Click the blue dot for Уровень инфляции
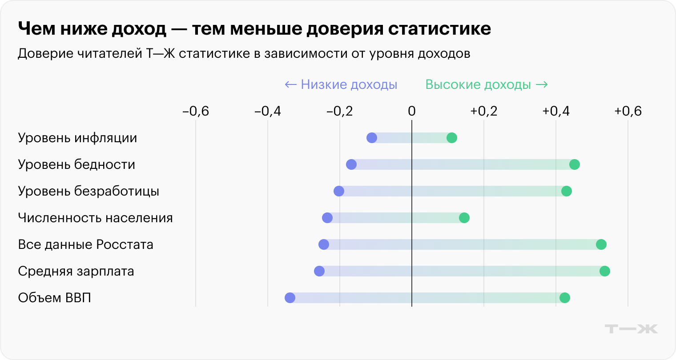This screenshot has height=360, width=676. [372, 138]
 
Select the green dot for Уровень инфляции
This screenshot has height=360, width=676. [451, 138]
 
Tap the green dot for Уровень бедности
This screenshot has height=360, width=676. [574, 164]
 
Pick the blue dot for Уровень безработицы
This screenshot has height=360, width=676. [338, 191]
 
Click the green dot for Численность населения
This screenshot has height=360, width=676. [464, 218]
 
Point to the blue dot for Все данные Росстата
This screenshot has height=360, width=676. [324, 244]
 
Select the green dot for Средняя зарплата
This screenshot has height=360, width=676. [604, 271]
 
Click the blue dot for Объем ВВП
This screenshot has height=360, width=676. [290, 298]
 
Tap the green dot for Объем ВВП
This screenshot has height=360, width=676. [564, 298]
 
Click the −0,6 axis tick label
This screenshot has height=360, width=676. [196, 111]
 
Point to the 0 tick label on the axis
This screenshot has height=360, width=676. [411, 111]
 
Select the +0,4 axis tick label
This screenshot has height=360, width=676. [555, 111]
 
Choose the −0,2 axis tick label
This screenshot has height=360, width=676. [339, 111]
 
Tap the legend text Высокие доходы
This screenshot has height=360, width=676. [478, 84]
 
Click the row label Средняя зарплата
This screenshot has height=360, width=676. [76, 271]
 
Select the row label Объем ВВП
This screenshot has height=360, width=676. [54, 298]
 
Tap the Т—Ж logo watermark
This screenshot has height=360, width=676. [631, 329]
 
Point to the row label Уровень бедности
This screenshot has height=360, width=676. [76, 164]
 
